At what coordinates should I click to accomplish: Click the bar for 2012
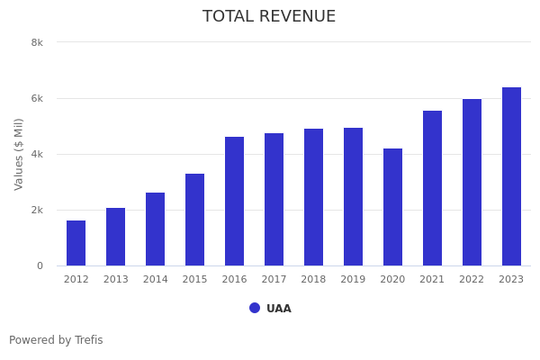[x=76, y=243]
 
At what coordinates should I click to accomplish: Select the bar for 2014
[x=156, y=229]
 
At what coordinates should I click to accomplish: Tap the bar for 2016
[x=235, y=202]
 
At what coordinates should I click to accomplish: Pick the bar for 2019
[x=354, y=197]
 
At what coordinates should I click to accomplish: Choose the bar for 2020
[x=393, y=207]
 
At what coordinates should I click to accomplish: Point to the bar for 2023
[x=511, y=176]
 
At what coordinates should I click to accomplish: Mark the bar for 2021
[x=433, y=188]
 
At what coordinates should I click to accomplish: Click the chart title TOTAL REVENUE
[x=269, y=17]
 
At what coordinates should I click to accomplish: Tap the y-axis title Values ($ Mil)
[x=19, y=154]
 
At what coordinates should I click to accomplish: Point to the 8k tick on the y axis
[x=37, y=42]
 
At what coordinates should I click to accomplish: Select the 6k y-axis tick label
[x=37, y=98]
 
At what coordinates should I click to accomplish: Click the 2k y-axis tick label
[x=37, y=210]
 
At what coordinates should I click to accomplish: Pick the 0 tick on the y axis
[x=40, y=265]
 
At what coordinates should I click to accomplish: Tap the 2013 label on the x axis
[x=116, y=279]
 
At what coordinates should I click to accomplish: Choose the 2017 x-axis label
[x=274, y=279]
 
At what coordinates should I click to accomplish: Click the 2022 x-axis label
[x=472, y=279]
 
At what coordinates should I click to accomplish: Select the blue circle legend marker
[x=255, y=308]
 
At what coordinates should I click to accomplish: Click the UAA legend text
[x=279, y=309]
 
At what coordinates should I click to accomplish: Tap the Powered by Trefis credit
[x=56, y=340]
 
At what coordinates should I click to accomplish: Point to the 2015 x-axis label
[x=195, y=279]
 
